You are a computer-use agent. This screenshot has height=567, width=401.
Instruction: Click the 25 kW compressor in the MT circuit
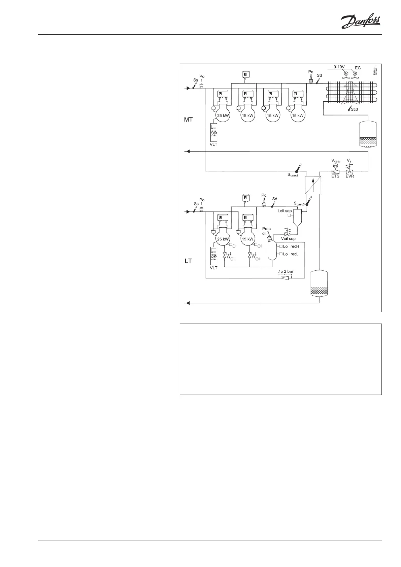pyautogui.click(x=223, y=115)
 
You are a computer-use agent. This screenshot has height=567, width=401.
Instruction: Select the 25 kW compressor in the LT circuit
pyautogui.click(x=223, y=239)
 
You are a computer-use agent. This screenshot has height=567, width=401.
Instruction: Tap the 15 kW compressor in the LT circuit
pyautogui.click(x=247, y=239)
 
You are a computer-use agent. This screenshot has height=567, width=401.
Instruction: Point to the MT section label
pyautogui.click(x=188, y=120)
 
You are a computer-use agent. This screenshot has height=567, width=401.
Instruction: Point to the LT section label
pyautogui.click(x=188, y=261)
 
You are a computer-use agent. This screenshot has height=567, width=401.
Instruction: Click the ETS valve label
pyautogui.click(x=335, y=176)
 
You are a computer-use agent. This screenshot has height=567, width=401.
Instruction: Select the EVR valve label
pyautogui.click(x=350, y=176)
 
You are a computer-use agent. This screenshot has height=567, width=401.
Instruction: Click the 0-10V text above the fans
pyautogui.click(x=339, y=67)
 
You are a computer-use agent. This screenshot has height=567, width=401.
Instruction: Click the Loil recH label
pyautogui.click(x=291, y=246)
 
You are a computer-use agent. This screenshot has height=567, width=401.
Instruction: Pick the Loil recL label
pyautogui.click(x=291, y=254)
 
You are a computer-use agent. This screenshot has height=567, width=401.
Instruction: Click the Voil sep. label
pyautogui.click(x=289, y=239)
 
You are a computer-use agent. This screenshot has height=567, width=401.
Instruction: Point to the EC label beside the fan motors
pyautogui.click(x=358, y=68)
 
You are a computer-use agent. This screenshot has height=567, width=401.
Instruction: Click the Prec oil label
pyautogui.click(x=266, y=231)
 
